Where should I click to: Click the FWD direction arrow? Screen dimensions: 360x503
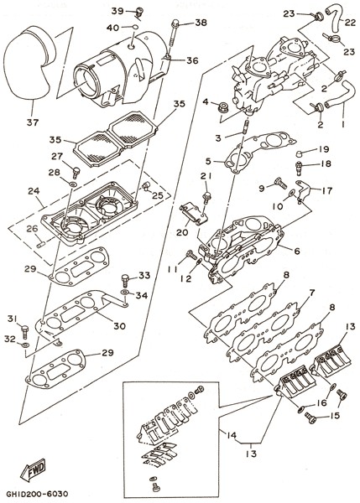[x=33, y=469]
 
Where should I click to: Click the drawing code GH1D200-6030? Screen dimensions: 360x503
[x=37, y=494]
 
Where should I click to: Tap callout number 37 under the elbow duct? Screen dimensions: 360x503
[x=33, y=122]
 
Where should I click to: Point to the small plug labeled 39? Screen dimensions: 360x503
[x=139, y=13]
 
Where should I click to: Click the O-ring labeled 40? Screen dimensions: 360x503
[x=135, y=28]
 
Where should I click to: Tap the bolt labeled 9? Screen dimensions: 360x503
[x=280, y=183]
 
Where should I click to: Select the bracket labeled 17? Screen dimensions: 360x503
[x=303, y=190]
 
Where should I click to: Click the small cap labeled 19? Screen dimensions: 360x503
[x=300, y=153]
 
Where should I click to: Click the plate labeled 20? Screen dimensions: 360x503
[x=194, y=215]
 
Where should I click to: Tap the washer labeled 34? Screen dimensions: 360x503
[x=124, y=293]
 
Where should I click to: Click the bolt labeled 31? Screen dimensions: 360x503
[x=25, y=329]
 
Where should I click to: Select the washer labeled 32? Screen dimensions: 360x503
[x=25, y=345]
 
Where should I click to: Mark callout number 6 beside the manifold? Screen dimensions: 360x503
[x=297, y=251]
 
